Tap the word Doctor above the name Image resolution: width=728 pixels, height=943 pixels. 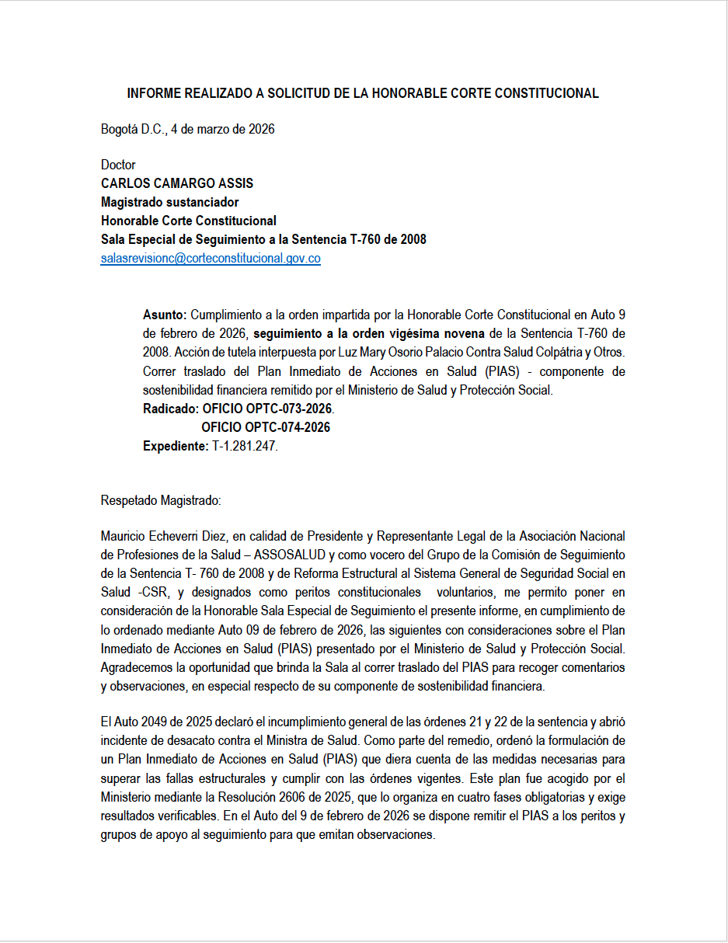pyautogui.click(x=118, y=165)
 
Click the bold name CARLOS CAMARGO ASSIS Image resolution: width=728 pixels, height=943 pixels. pyautogui.click(x=177, y=183)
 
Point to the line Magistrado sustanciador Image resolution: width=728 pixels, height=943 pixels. pyautogui.click(x=169, y=202)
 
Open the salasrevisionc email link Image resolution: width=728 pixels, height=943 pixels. pyautogui.click(x=211, y=259)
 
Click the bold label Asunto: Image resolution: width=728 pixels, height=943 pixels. pyautogui.click(x=165, y=315)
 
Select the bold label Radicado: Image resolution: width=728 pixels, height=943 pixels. pyautogui.click(x=171, y=409)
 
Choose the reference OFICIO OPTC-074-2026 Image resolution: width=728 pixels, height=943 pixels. pyautogui.click(x=266, y=427)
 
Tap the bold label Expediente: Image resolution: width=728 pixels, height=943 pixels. pyautogui.click(x=176, y=446)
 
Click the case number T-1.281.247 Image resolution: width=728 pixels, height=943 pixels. pyautogui.click(x=245, y=446)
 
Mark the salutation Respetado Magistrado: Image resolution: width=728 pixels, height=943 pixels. pyautogui.click(x=161, y=501)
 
